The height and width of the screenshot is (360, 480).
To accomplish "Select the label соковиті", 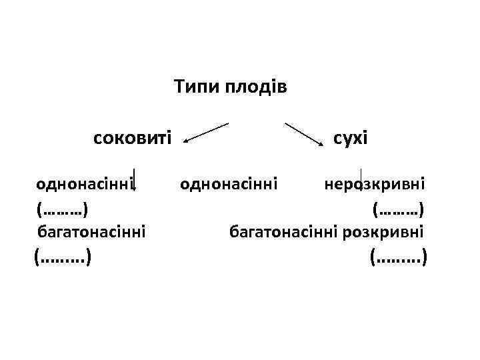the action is coord(133,139).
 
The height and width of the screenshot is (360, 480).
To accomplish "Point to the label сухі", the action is coord(351,139).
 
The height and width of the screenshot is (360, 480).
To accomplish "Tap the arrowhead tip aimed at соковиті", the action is coord(185,141).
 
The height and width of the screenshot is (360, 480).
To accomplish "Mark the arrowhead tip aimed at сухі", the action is coord(323,143).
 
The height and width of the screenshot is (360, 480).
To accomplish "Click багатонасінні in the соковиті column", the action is coord(91,232).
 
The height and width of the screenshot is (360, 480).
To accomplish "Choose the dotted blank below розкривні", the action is coord(398,256).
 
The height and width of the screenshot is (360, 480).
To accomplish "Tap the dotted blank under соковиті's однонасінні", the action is coord(63,209).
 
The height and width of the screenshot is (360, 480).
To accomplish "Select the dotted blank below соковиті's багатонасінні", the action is coord(63,256).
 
